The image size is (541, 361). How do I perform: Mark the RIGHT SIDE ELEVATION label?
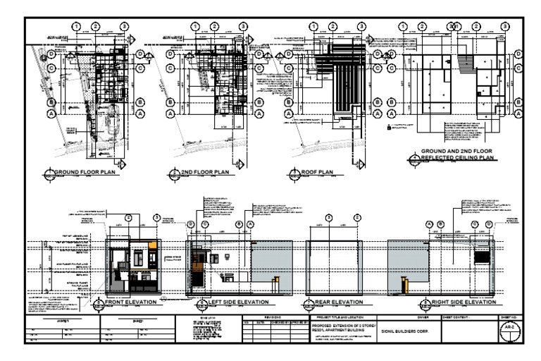462,302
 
